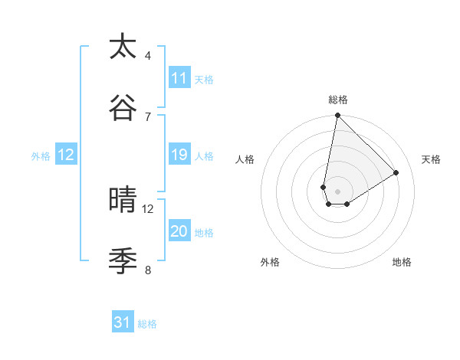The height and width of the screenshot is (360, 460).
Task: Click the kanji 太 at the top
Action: (123, 47)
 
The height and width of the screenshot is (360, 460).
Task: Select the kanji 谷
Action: (123, 108)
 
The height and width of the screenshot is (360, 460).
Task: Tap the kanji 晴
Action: (123, 201)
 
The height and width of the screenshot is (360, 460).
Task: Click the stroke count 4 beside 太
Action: (148, 55)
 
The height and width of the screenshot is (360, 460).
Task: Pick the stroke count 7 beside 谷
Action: (148, 116)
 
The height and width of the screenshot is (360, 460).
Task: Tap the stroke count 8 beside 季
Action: (148, 270)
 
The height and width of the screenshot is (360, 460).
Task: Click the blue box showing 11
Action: (179, 78)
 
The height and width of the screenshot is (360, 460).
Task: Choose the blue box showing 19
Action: (179, 155)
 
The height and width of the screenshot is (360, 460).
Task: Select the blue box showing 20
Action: (179, 231)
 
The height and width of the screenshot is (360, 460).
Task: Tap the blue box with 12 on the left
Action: (66, 155)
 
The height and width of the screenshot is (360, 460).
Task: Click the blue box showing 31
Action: (123, 322)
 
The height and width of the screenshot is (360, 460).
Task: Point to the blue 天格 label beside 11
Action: (204, 79)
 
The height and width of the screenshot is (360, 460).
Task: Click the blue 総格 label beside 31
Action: (147, 323)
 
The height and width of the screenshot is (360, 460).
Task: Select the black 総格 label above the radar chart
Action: (338, 100)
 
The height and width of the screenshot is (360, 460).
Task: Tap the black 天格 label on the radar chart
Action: (431, 159)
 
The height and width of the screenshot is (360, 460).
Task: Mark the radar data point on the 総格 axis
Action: (337, 116)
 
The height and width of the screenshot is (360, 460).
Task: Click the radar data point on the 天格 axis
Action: (396, 172)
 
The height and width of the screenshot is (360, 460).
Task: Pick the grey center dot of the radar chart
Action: (337, 191)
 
